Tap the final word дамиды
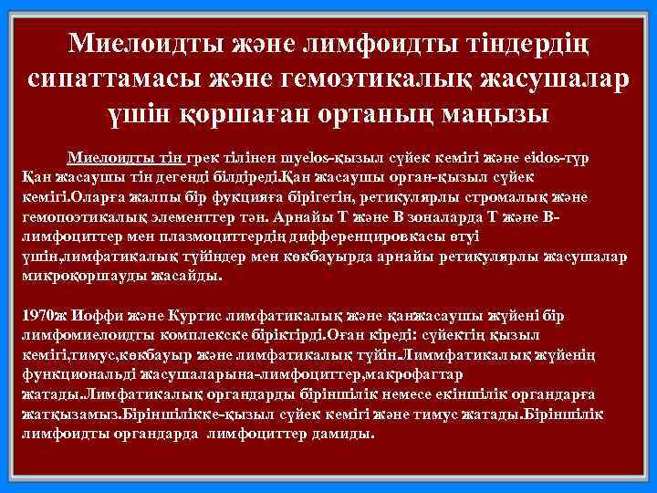tap(341, 435)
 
